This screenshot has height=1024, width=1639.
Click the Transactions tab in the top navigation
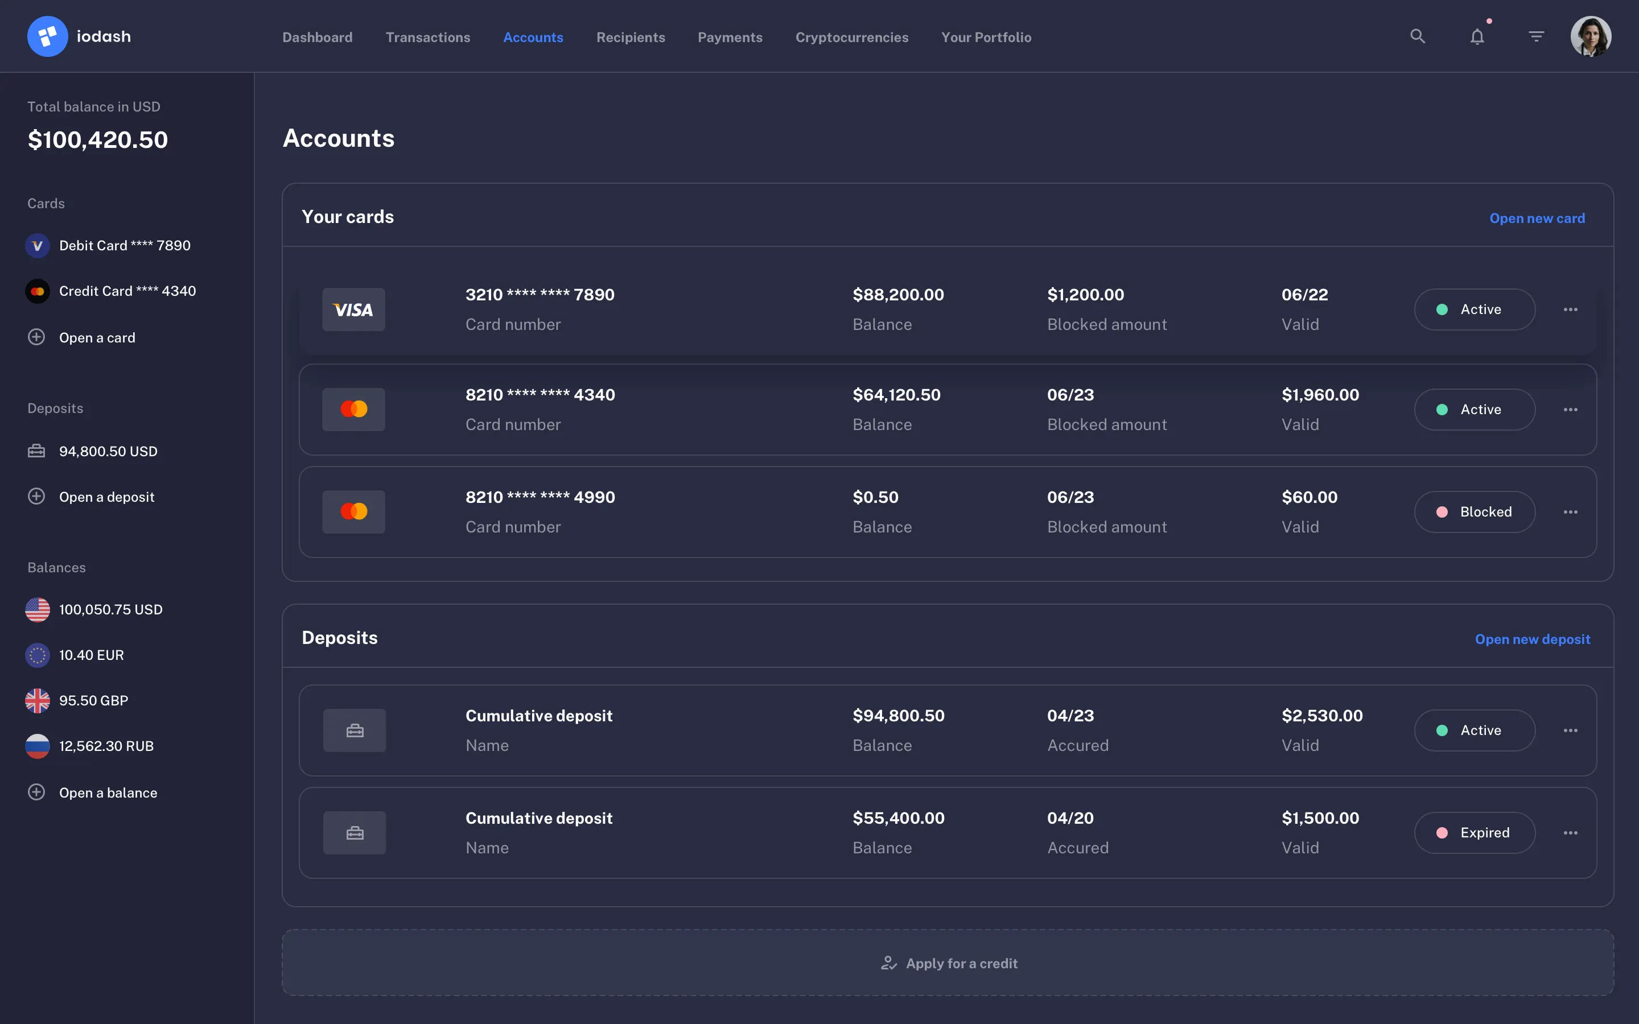427,37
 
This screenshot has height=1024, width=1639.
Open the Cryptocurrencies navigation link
851,37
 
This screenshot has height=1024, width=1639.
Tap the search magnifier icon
1417,36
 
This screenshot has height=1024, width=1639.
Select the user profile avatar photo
1589,36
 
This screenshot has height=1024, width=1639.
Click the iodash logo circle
47,36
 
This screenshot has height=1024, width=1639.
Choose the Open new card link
1537,218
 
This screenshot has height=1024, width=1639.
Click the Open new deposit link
1532,639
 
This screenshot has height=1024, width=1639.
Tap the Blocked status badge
1474,512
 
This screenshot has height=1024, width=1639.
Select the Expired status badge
1474,833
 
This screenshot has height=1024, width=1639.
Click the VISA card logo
353,309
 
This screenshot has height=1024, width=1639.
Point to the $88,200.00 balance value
898,295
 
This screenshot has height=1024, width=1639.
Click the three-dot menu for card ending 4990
1570,512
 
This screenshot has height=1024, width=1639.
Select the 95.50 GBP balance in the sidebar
93,700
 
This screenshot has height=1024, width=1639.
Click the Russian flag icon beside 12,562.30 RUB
37,746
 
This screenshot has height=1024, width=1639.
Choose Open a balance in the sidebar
108,792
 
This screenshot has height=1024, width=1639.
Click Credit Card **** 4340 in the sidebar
127,291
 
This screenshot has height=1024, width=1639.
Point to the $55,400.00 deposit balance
898,818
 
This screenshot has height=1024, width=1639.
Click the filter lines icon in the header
1536,36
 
